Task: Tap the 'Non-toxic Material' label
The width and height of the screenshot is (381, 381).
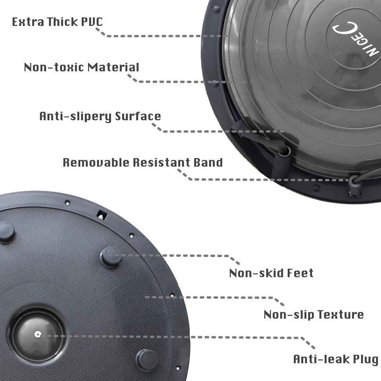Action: coord(81,67)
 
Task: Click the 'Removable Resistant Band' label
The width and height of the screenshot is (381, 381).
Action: coord(143,162)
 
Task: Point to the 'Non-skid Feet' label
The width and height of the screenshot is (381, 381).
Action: coord(271,273)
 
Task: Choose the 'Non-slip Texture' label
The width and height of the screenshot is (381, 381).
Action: coord(314,315)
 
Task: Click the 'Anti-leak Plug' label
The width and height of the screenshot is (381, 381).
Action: coord(335,359)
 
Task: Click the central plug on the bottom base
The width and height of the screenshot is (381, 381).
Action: coord(38,333)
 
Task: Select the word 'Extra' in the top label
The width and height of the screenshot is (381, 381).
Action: coord(26,21)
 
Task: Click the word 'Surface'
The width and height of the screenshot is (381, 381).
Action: coord(138,116)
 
